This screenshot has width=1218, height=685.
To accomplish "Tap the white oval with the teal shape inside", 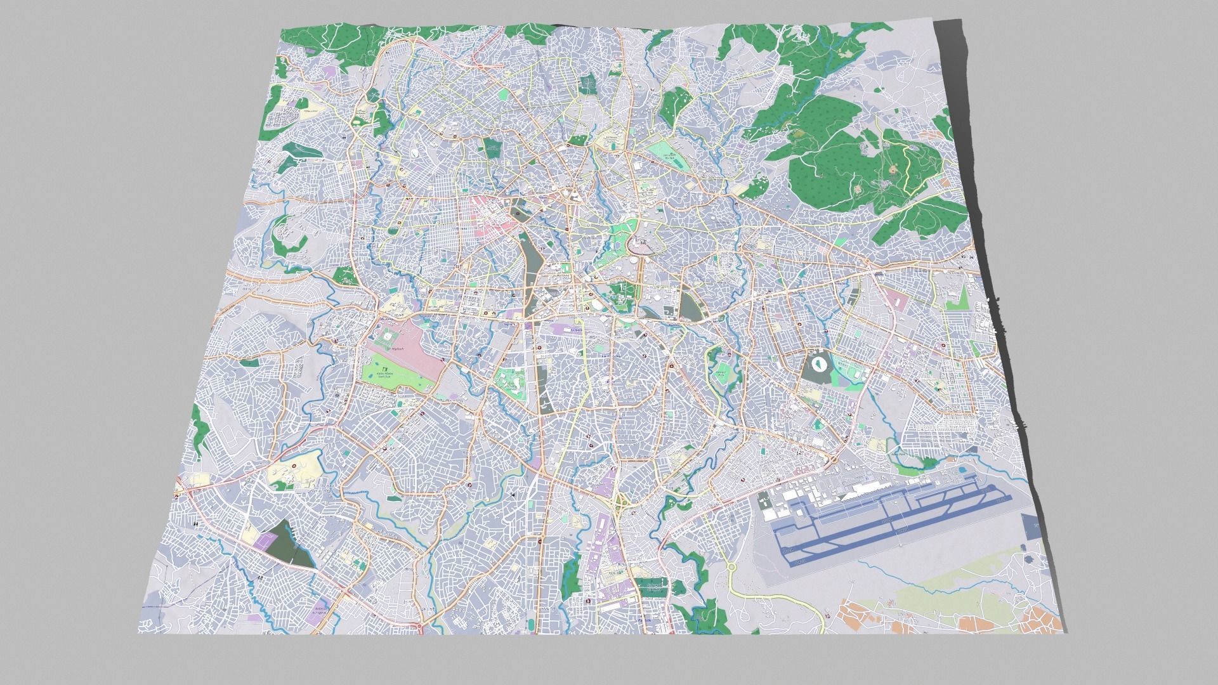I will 819,366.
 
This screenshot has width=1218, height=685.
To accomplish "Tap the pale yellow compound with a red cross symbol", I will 293,470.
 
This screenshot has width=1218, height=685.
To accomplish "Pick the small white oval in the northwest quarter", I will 414,152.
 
